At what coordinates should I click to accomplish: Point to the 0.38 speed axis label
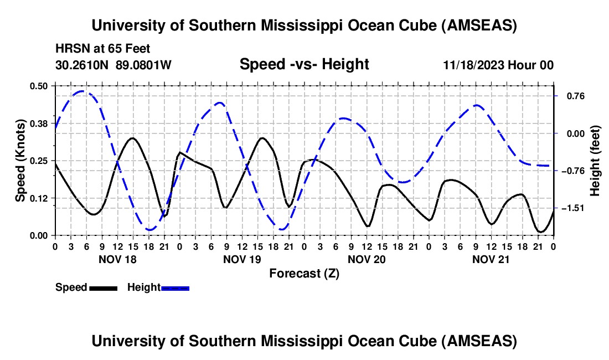click(39, 123)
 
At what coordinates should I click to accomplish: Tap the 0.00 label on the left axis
click(39, 235)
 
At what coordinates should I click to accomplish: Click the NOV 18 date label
click(117, 259)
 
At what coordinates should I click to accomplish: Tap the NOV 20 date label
click(367, 259)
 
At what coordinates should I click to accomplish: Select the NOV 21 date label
click(491, 259)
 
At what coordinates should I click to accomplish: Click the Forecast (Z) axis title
click(304, 273)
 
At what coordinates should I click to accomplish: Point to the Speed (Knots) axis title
click(20, 161)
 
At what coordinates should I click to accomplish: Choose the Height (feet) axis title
click(595, 161)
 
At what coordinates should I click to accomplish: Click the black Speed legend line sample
click(103, 288)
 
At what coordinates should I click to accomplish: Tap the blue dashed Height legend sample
click(176, 288)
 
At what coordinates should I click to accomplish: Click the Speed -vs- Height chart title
click(304, 64)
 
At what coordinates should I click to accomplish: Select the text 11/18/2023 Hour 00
click(498, 65)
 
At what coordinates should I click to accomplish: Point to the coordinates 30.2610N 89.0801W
click(113, 65)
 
